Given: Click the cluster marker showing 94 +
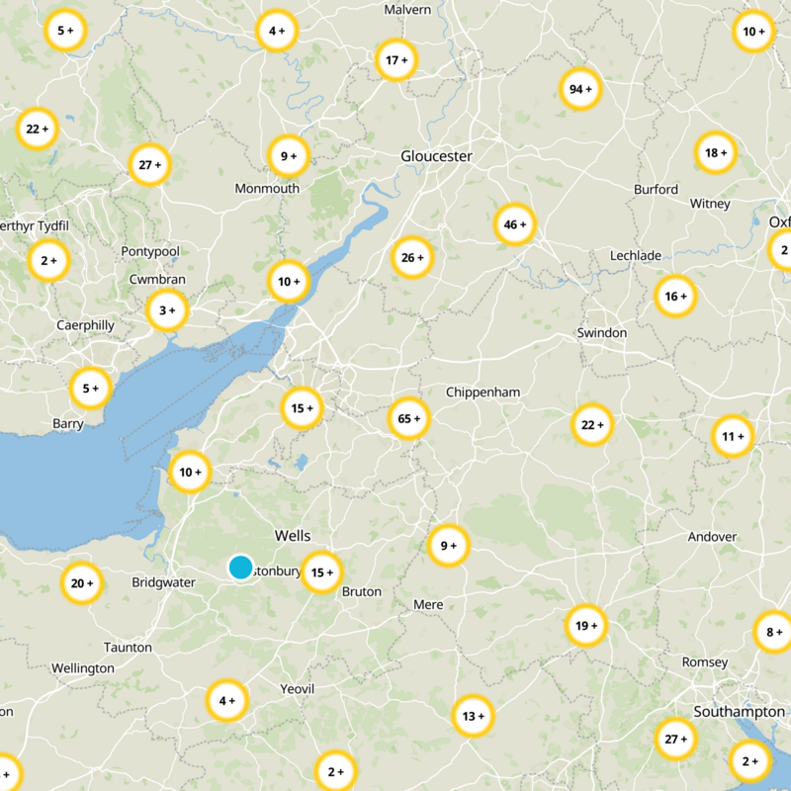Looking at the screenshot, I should (580, 89).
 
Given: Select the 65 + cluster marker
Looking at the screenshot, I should (409, 418).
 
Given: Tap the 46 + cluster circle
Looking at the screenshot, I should (515, 224).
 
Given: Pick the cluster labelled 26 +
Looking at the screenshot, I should (412, 257).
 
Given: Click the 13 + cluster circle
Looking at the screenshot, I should (474, 716).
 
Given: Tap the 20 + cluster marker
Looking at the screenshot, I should (81, 583).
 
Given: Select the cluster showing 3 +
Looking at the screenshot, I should (167, 310).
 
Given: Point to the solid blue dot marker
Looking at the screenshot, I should (240, 567).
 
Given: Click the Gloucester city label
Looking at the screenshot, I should (436, 156).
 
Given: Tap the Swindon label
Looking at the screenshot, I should (601, 332).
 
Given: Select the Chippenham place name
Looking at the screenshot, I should (483, 392).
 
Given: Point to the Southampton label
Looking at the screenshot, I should (739, 712).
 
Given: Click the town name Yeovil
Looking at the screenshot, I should (297, 688).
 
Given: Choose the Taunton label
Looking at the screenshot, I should (128, 647).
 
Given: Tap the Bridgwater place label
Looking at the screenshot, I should (163, 582).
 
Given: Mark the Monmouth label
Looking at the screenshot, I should (267, 188).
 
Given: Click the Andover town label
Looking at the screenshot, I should (712, 537).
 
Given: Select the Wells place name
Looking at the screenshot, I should (293, 535).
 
